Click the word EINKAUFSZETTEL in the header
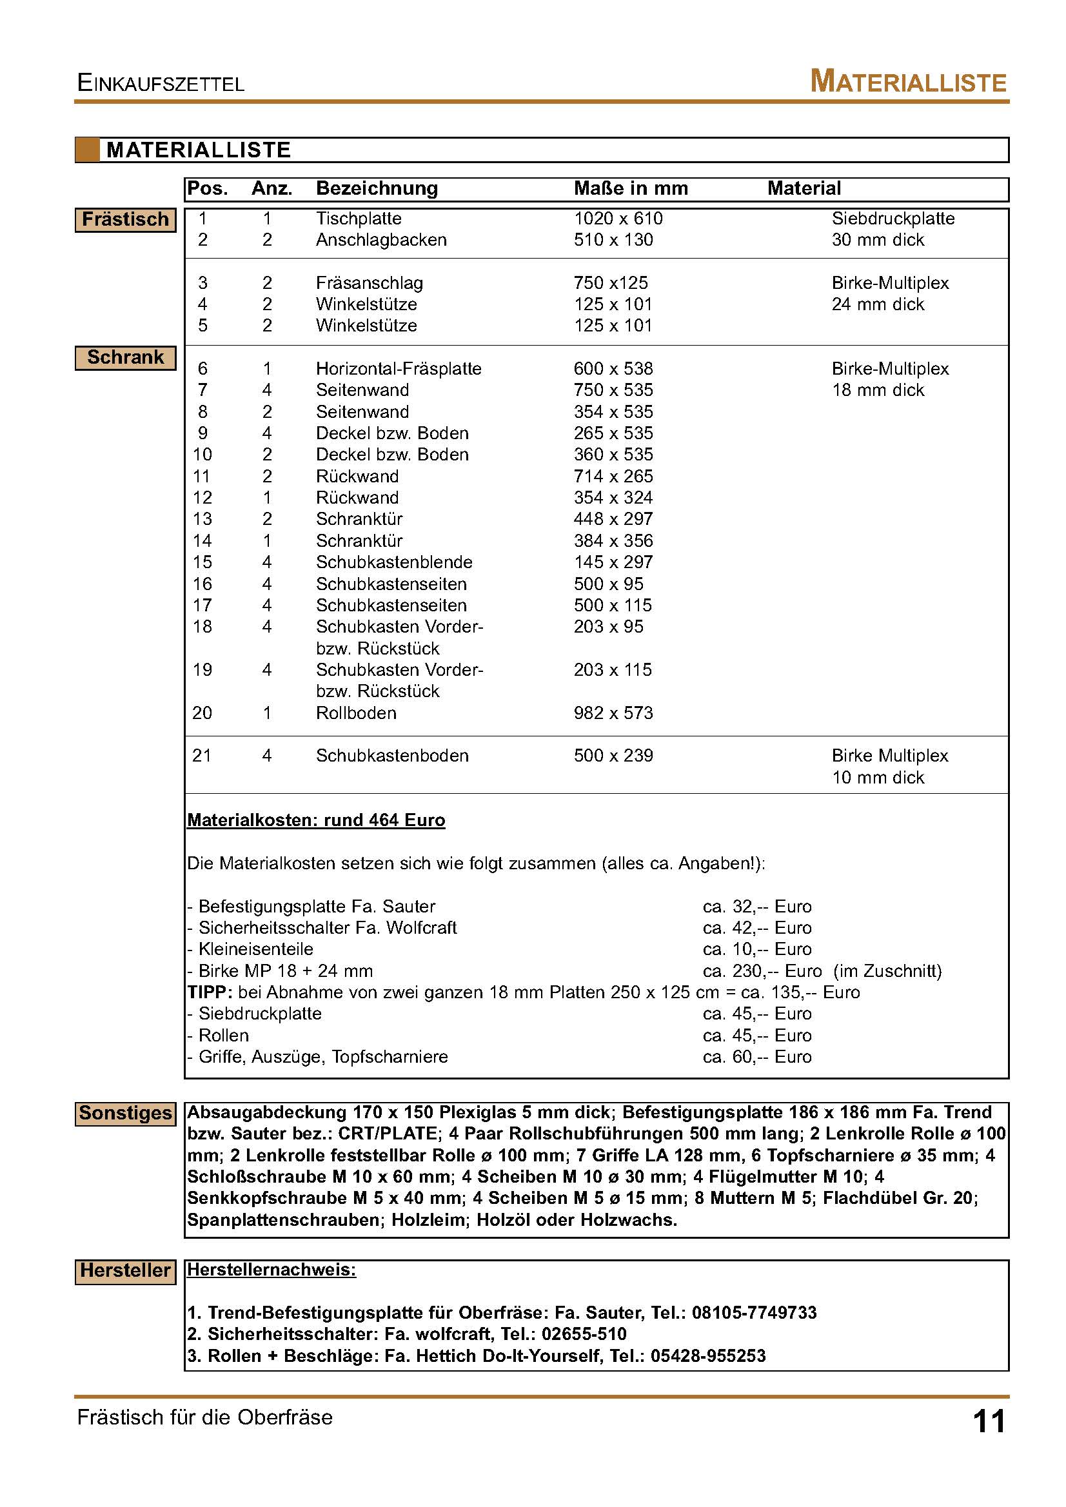click(x=161, y=83)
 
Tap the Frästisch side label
click(x=125, y=219)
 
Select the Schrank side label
click(x=125, y=358)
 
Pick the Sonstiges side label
click(x=125, y=1113)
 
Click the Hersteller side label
click(x=125, y=1271)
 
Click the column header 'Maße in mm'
click(x=630, y=189)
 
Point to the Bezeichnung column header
click(x=377, y=189)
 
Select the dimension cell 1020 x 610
click(x=618, y=219)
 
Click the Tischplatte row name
click(x=359, y=219)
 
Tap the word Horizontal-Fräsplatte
click(x=399, y=369)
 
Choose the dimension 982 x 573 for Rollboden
click(x=613, y=713)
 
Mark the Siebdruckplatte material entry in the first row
click(x=893, y=219)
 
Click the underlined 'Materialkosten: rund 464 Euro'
click(x=316, y=820)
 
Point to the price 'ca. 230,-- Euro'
click(x=762, y=970)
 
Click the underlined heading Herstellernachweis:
click(x=271, y=1270)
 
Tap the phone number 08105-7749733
click(x=755, y=1313)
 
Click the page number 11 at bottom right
click(x=989, y=1423)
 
